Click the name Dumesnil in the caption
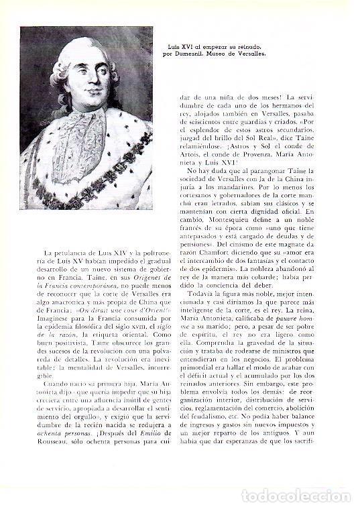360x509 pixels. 200,51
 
